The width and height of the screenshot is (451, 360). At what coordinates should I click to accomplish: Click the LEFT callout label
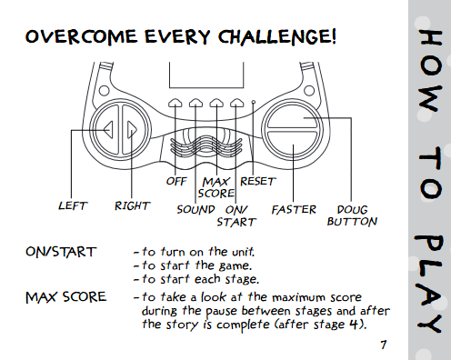pos(73,205)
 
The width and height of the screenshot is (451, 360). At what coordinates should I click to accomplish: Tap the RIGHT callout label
pos(132,205)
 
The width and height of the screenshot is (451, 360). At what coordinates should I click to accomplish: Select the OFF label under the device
pos(176,181)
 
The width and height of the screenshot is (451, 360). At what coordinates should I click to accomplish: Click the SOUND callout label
pos(195,209)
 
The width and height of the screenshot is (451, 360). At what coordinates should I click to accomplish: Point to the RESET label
pos(258,181)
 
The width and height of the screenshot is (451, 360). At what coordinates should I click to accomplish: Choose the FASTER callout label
pos(294,209)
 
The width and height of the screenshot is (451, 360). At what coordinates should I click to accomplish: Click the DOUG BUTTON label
pos(352,215)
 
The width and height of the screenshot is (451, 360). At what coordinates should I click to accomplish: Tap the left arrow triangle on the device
pos(108,130)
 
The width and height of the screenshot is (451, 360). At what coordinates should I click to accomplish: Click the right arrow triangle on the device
pos(132,130)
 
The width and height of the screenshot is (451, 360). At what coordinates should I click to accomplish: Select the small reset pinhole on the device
pos(254,103)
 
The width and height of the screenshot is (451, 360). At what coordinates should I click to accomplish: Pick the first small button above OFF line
pos(175,103)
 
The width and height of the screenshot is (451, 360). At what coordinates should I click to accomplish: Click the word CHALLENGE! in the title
pos(277,37)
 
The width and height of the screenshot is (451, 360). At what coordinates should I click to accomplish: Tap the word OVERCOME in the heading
pos(81,36)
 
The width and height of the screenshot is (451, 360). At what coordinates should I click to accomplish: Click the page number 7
pos(384,345)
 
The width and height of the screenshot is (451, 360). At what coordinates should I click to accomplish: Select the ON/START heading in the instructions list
pos(61,252)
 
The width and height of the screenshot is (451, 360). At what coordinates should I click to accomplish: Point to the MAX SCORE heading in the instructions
pos(66,297)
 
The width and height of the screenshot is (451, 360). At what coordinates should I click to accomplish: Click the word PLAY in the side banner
pos(430,284)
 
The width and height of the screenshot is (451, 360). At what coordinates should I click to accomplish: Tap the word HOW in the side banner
pos(430,71)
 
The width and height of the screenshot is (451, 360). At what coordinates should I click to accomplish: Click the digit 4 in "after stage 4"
pos(354,325)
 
